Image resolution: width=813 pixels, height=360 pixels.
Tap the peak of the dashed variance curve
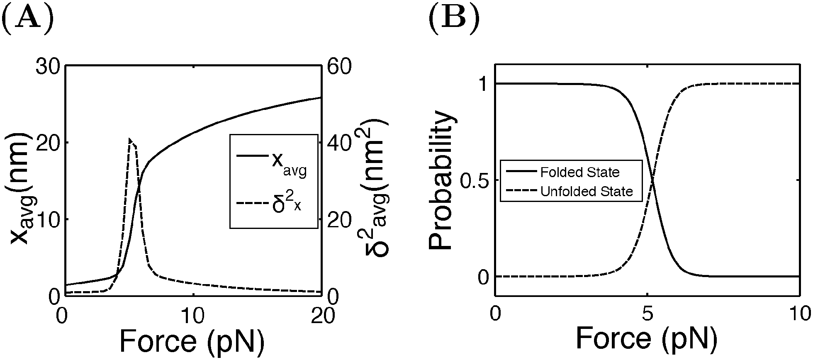click(130, 139)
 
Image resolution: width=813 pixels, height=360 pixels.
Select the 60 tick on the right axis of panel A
click(339, 67)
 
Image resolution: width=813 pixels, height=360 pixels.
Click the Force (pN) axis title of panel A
click(192, 341)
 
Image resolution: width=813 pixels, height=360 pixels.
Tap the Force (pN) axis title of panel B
click(646, 338)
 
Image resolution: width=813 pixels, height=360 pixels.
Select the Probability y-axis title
click(441, 180)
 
